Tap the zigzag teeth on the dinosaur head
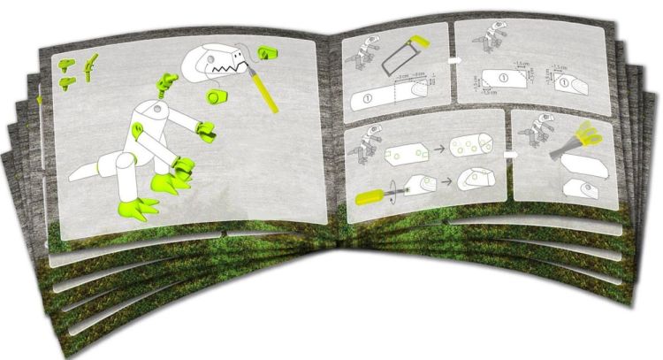point(225,65)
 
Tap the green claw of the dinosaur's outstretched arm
point(206,134)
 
